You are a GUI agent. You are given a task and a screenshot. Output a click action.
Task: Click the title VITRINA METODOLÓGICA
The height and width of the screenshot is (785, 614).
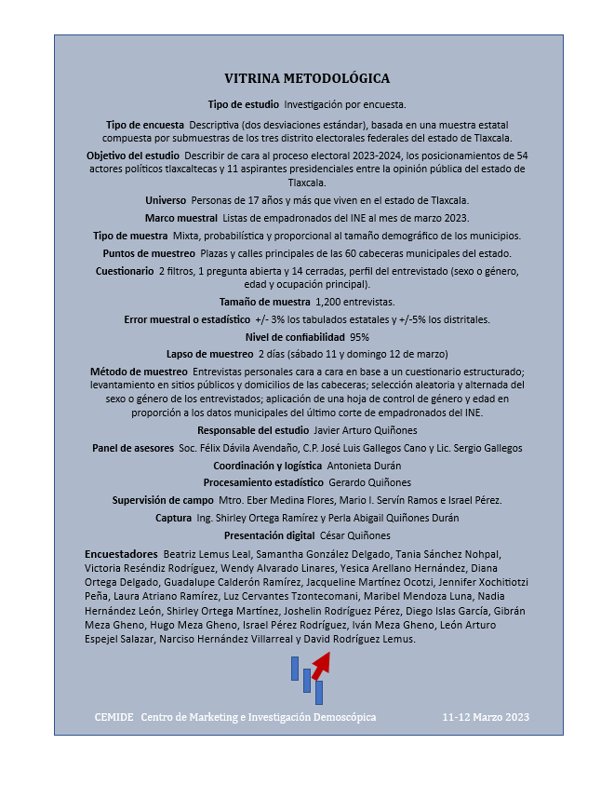307,79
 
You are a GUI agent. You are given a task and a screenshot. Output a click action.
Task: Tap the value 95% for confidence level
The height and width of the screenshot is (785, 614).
359,337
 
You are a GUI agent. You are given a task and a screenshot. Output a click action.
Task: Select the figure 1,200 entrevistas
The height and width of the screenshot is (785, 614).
355,302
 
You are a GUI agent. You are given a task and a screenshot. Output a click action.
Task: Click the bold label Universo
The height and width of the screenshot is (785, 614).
166,200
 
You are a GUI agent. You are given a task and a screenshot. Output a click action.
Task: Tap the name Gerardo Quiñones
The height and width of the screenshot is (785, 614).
369,482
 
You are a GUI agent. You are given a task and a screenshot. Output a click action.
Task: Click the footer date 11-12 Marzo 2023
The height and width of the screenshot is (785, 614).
486,717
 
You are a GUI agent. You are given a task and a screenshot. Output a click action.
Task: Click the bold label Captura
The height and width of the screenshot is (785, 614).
174,518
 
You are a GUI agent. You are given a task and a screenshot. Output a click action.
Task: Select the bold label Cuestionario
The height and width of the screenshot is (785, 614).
125,271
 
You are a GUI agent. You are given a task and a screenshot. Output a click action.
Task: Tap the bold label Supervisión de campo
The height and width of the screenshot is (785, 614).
163,500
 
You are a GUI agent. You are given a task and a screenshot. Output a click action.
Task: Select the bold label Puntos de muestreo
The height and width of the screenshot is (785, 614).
149,253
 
